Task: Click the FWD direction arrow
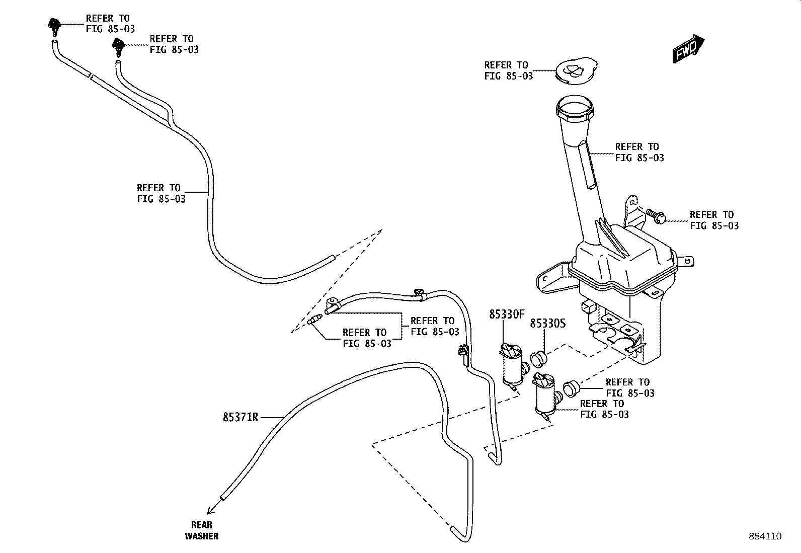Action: (689, 48)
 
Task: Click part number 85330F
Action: (507, 314)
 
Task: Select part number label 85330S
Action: (547, 323)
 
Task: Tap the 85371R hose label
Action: (241, 417)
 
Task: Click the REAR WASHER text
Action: (202, 530)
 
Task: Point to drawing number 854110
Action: (764, 536)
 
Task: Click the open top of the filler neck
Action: (576, 107)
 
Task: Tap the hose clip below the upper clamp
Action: (462, 354)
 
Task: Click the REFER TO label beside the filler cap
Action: (508, 70)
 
